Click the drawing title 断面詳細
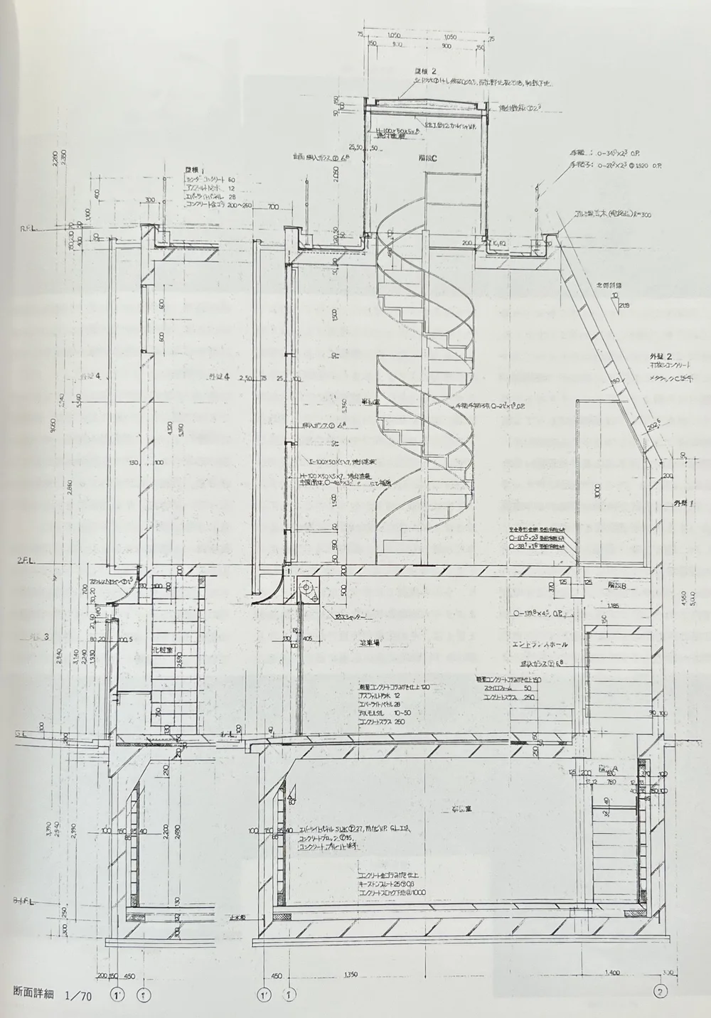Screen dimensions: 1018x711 [x=33, y=992]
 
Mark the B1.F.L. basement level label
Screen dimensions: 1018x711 [x=26, y=901]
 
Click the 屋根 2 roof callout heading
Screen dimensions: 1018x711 [x=425, y=71]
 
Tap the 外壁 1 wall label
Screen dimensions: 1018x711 [x=684, y=503]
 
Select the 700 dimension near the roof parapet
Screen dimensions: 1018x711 [x=273, y=207]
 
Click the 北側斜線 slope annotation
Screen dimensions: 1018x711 [x=609, y=286]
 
